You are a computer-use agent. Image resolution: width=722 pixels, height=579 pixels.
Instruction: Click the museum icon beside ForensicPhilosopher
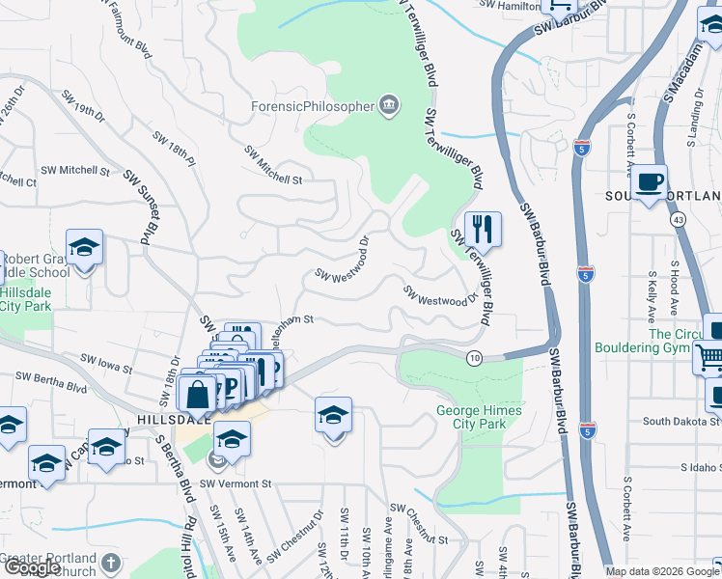(389, 105)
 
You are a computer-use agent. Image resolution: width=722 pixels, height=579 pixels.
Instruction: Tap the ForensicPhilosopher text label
(311, 106)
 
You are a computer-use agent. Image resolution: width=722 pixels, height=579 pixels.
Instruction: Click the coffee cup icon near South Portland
(651, 180)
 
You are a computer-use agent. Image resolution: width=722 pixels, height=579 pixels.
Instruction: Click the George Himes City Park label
(479, 417)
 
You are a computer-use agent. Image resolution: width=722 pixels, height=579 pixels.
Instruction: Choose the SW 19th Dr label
(83, 106)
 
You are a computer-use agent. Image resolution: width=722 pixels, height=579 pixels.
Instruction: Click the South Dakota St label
(681, 422)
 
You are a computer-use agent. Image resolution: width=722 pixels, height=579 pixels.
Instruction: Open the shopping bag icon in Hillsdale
(197, 394)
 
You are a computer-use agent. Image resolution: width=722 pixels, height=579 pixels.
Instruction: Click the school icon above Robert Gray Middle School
(84, 247)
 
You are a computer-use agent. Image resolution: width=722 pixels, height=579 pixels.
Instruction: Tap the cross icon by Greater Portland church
(111, 562)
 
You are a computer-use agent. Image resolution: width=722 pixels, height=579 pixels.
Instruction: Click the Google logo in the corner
(32, 567)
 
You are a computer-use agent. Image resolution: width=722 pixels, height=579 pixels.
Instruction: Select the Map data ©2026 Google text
(662, 571)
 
